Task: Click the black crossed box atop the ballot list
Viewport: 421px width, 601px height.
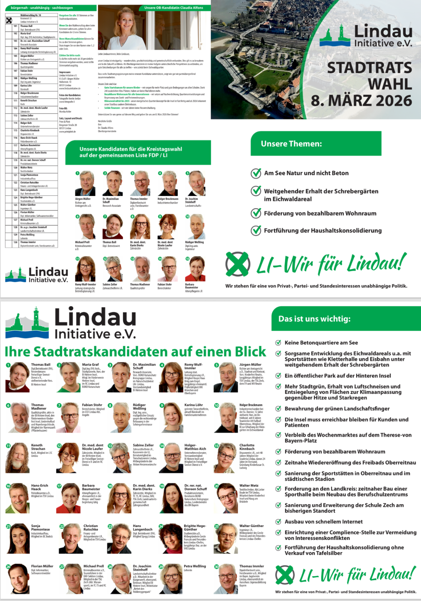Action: click(x=9, y=20)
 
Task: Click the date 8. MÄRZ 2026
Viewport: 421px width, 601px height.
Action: click(x=361, y=101)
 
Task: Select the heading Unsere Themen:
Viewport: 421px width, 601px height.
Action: click(x=291, y=144)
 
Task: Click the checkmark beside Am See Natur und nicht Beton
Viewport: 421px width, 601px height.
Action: click(x=256, y=173)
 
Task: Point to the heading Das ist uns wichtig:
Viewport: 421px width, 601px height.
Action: click(x=314, y=319)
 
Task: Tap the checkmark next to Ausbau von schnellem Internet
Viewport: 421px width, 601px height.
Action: click(x=278, y=522)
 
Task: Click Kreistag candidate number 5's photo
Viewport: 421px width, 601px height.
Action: click(x=197, y=184)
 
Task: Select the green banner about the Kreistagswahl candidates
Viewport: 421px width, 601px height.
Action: click(x=138, y=152)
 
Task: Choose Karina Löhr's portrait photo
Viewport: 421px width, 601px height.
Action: click(x=171, y=417)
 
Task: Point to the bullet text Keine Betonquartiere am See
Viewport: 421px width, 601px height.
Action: click(x=321, y=343)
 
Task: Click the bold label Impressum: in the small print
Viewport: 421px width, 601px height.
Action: click(x=65, y=72)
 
